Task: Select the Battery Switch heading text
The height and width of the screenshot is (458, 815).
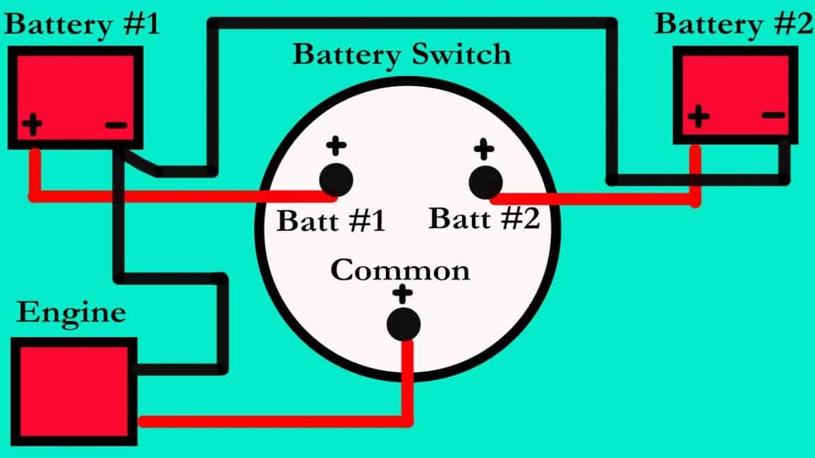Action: click(401, 54)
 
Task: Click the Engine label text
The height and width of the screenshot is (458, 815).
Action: click(71, 313)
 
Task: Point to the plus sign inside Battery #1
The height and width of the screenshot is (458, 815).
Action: click(32, 125)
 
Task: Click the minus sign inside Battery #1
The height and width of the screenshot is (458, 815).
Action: click(116, 125)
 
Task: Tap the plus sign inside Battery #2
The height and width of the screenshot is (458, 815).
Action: click(698, 116)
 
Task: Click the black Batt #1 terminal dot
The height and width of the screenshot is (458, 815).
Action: click(336, 180)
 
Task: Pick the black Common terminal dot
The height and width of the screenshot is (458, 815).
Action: click(403, 324)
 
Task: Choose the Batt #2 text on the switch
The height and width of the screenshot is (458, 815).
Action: click(485, 218)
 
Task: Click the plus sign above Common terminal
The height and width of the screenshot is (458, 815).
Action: click(403, 294)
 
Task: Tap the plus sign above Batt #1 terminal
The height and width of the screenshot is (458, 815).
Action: click(336, 145)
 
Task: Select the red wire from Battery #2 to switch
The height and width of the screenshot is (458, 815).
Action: click(598, 200)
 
